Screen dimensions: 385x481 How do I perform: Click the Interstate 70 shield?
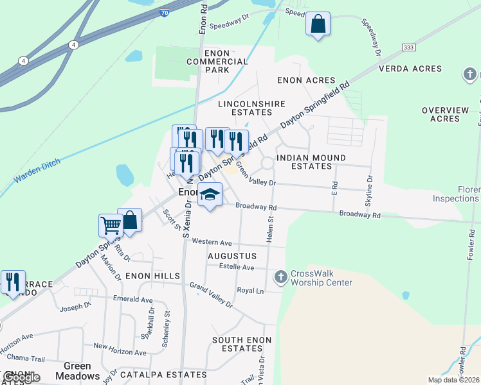click(165, 12)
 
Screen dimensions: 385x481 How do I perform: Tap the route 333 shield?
click(408, 47)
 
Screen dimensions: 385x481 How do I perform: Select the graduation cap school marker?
click(210, 195)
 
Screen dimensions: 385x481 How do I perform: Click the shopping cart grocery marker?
click(111, 225)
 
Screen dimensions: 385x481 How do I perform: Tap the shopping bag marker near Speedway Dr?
click(318, 24)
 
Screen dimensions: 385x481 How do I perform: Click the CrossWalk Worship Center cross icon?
click(280, 277)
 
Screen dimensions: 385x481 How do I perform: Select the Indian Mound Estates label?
click(311, 162)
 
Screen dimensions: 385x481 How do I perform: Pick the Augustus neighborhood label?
click(232, 255)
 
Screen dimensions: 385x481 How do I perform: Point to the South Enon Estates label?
click(242, 344)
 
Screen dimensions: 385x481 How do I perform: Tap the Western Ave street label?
click(212, 243)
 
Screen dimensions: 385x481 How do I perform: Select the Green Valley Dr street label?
click(255, 175)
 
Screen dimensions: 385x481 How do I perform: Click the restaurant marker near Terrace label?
click(13, 282)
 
